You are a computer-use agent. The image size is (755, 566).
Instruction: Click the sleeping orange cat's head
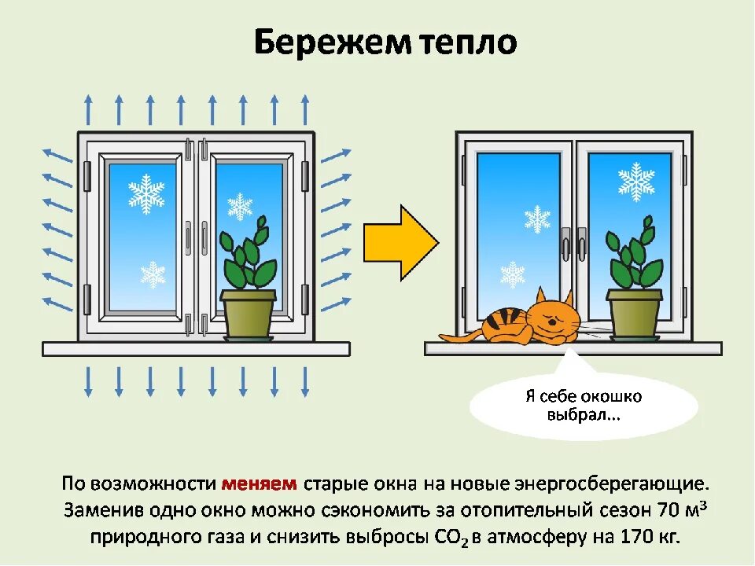pyautogui.click(x=551, y=318)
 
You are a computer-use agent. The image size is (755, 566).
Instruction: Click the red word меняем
pyautogui.click(x=260, y=483)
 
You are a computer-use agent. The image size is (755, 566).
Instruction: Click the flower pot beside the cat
pyautogui.click(x=635, y=312)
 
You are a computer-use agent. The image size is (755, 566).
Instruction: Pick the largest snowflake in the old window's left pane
pyautogui.click(x=146, y=193)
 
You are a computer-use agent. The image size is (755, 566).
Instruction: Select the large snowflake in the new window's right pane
pyautogui.click(x=636, y=182)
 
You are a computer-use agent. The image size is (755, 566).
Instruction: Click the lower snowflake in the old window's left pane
pyautogui.click(x=153, y=274)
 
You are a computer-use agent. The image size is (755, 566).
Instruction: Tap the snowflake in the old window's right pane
pyautogui.click(x=240, y=206)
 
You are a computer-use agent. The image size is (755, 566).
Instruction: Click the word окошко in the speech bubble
pyautogui.click(x=613, y=395)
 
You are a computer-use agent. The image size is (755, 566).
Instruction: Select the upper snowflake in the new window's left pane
pyautogui.click(x=537, y=219)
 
